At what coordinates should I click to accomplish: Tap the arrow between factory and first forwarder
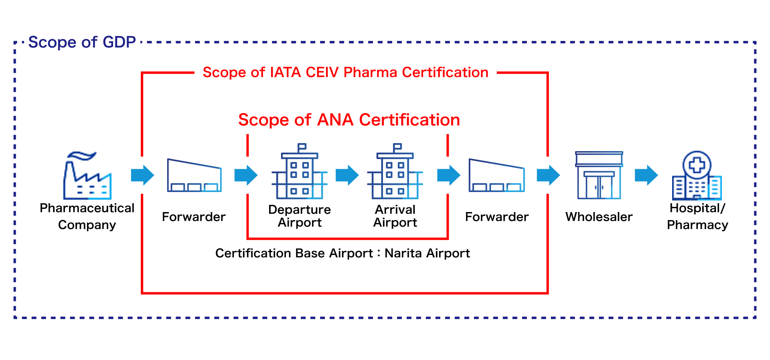pyautogui.click(x=142, y=175)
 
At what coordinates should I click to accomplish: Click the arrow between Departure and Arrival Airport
pyautogui.click(x=347, y=175)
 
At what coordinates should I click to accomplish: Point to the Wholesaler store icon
pyautogui.click(x=599, y=175)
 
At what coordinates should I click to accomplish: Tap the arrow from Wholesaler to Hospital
pyautogui.click(x=646, y=175)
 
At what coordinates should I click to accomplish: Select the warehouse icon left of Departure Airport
pyautogui.click(x=194, y=176)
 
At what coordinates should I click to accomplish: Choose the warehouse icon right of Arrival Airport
pyautogui.click(x=496, y=176)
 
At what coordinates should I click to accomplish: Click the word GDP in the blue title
pyautogui.click(x=119, y=42)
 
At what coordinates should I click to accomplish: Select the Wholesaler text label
pyautogui.click(x=599, y=217)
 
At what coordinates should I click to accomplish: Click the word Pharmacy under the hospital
pyautogui.click(x=697, y=225)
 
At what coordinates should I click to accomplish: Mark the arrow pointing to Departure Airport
pyautogui.click(x=246, y=175)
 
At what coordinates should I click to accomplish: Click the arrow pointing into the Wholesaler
pyautogui.click(x=548, y=175)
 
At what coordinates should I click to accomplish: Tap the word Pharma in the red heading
pyautogui.click(x=370, y=73)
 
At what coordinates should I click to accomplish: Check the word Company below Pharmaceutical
pyautogui.click(x=87, y=225)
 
